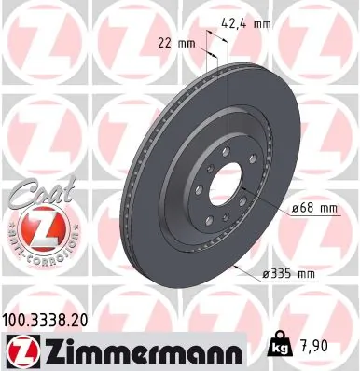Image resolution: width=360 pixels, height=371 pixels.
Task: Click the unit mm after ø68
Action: [323, 207]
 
